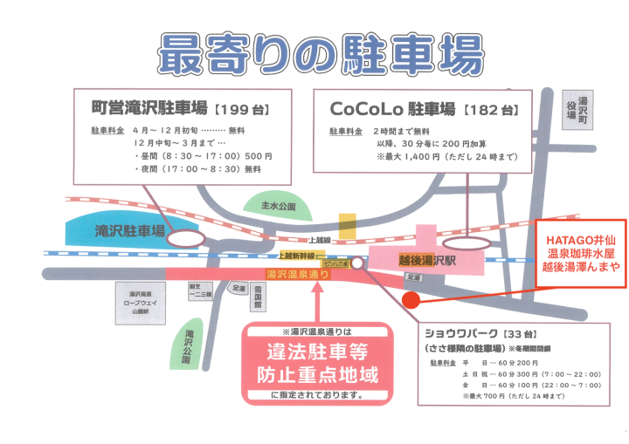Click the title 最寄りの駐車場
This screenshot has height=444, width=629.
pyautogui.click(x=320, y=53)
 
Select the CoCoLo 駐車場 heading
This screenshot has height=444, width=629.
pyautogui.click(x=392, y=110)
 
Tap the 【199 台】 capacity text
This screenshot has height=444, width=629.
pyautogui.click(x=239, y=111)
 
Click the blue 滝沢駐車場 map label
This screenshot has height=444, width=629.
pyautogui.click(x=130, y=231)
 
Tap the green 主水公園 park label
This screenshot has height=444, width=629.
pyautogui.click(x=279, y=208)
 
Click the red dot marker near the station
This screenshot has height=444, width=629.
pyautogui.click(x=410, y=300)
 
